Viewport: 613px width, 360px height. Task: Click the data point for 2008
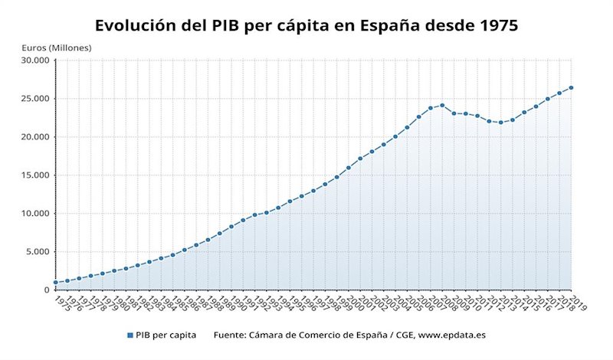442,106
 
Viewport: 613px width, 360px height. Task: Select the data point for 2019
571,87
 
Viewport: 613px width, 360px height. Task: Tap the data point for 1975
55,283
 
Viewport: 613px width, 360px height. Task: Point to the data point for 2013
501,123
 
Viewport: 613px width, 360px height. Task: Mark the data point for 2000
349,168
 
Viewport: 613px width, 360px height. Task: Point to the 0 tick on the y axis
46,290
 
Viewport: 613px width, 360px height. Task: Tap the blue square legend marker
129,335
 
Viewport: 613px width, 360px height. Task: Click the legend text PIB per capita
166,335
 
